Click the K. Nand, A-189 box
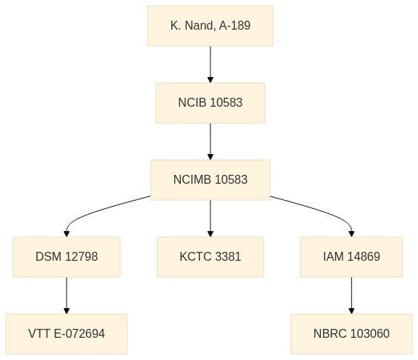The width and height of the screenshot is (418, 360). click(210, 26)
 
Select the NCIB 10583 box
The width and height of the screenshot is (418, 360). click(210, 103)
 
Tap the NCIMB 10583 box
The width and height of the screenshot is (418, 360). click(210, 180)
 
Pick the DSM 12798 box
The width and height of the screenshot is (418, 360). click(67, 257)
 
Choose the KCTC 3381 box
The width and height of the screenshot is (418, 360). click(210, 257)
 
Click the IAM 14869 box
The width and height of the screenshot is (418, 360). click(351, 257)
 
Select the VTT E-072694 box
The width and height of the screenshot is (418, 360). click(67, 334)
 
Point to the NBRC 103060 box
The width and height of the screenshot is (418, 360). click(351, 334)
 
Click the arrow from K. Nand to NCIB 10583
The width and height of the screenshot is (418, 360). click(210, 64)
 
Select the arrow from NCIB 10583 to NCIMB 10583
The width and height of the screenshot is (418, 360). click(210, 141)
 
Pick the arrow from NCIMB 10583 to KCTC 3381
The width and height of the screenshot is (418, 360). click(210, 219)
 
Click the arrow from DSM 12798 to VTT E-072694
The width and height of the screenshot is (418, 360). click(67, 296)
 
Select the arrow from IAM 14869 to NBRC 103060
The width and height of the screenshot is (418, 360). click(351, 296)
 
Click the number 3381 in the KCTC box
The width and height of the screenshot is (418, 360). click(228, 256)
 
